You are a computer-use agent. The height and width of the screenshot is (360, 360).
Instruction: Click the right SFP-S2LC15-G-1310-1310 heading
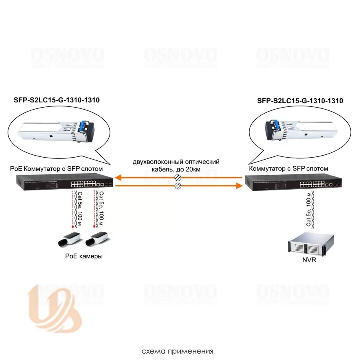(300, 101)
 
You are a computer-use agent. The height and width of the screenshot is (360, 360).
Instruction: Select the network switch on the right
(294, 183)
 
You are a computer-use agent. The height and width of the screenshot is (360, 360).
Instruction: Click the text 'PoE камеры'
(84, 256)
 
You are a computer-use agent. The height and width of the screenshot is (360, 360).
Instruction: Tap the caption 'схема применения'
(177, 352)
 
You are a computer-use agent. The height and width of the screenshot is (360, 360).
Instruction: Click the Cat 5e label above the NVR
(309, 212)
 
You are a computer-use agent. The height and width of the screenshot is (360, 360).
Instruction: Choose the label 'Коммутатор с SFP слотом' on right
(288, 169)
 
